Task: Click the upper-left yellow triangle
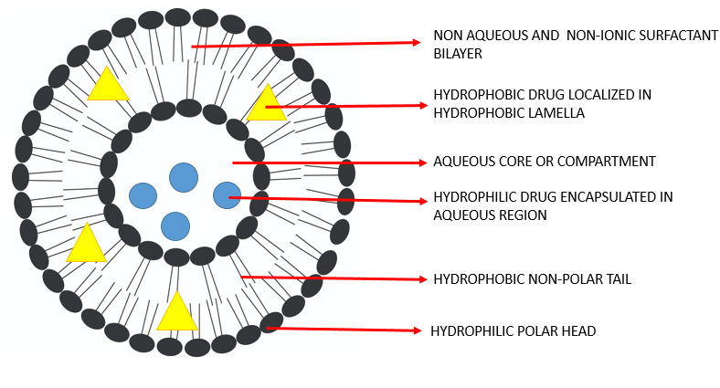pyautogui.click(x=107, y=86)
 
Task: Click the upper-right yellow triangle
pyautogui.click(x=267, y=106)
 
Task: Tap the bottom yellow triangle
pyautogui.click(x=177, y=313)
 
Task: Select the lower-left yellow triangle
pyautogui.click(x=87, y=246)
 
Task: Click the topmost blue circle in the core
pyautogui.click(x=184, y=177)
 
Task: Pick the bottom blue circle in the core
pyautogui.click(x=175, y=225)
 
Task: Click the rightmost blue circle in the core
pyautogui.click(x=227, y=194)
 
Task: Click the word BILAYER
pyautogui.click(x=457, y=55)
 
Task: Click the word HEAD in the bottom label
pyautogui.click(x=577, y=330)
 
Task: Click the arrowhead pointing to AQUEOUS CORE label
pyautogui.click(x=423, y=163)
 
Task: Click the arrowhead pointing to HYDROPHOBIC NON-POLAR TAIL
pyautogui.click(x=421, y=278)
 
